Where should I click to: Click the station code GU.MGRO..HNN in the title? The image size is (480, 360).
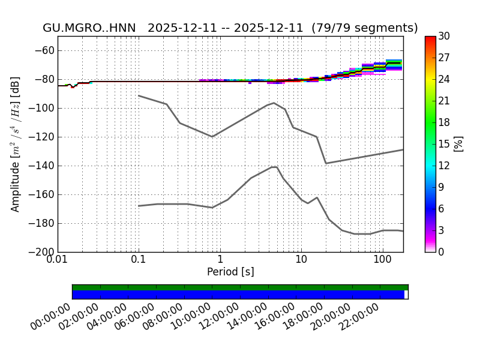(x=89, y=28)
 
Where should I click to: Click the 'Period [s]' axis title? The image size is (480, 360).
(x=230, y=272)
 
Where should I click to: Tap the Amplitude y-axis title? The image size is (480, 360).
(x=16, y=144)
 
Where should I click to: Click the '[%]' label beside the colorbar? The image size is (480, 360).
(x=460, y=144)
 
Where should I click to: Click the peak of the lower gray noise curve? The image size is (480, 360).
(x=274, y=167)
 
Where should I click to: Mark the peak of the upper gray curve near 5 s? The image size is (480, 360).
(x=274, y=103)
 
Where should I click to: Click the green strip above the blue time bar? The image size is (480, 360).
(x=240, y=287)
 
